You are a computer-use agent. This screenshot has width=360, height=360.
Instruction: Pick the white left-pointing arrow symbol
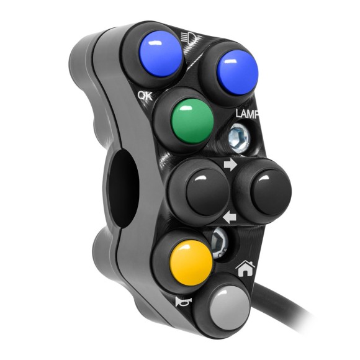230,217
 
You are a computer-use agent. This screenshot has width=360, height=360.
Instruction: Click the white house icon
246,269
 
